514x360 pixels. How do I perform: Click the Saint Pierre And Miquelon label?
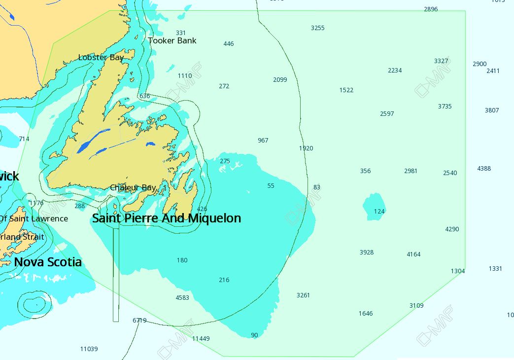click(x=167, y=218)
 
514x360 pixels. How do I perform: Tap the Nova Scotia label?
click(x=48, y=262)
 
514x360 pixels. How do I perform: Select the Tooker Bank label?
click(x=172, y=41)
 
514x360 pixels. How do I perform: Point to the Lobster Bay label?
click(x=101, y=58)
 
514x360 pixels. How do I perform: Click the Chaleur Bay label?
click(x=133, y=188)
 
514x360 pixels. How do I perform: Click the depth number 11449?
click(x=201, y=339)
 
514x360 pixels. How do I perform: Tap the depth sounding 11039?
click(x=89, y=349)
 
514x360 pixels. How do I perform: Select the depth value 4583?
click(x=182, y=298)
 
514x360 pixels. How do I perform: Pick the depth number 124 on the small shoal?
click(x=379, y=212)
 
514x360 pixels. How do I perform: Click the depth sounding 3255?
click(x=317, y=28)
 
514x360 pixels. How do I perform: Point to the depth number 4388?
click(x=484, y=169)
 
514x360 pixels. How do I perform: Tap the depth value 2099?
click(x=280, y=80)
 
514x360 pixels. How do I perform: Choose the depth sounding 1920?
click(x=306, y=148)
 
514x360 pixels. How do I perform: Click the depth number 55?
click(x=271, y=186)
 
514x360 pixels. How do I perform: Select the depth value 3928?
click(x=366, y=252)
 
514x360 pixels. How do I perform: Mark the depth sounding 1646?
click(x=366, y=314)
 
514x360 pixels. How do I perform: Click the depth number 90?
click(x=254, y=335)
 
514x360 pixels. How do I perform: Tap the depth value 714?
click(x=24, y=139)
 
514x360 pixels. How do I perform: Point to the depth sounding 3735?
click(x=445, y=107)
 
